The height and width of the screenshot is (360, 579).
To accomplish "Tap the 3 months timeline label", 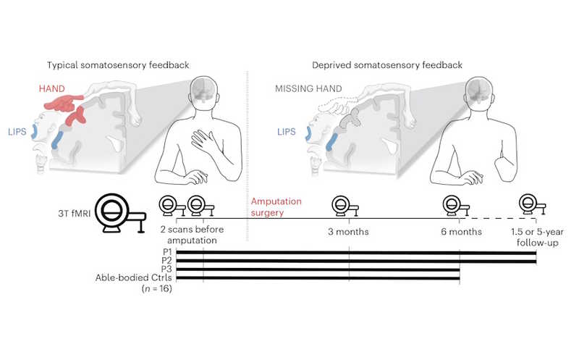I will pos(349,232).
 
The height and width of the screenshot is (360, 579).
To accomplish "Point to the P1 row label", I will pos(166,251).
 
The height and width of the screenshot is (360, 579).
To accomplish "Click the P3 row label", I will pos(166,269).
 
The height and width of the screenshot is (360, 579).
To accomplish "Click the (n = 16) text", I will pos(153,288).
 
